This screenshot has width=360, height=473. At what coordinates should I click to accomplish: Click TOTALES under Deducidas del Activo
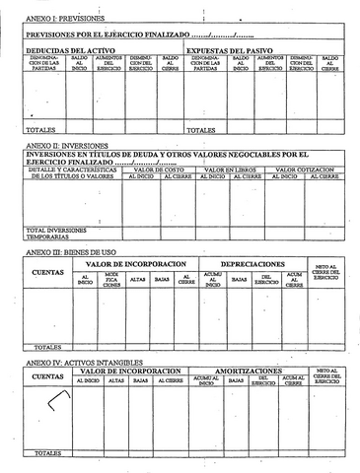[x=39, y=129]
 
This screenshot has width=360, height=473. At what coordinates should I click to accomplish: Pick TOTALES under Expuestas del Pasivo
[x=200, y=129]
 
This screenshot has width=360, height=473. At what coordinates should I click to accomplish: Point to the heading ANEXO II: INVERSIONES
[x=63, y=146]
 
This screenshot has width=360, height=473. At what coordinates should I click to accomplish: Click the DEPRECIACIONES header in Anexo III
[x=252, y=264]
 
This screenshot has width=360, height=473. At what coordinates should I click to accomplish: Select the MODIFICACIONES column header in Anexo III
[x=111, y=280]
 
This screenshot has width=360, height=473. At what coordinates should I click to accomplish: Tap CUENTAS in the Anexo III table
[x=48, y=272]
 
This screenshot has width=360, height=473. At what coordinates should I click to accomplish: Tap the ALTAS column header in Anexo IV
[x=115, y=380]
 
